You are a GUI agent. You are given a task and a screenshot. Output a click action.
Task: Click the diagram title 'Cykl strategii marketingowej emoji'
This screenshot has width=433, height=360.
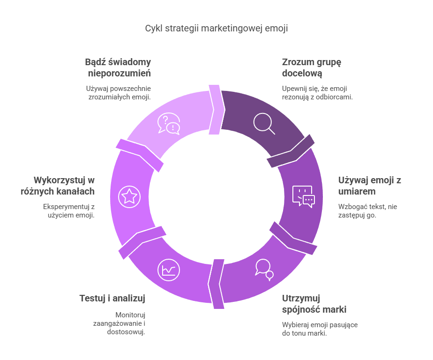click(216, 28)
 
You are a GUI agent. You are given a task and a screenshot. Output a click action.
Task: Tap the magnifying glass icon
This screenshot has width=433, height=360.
click(264, 123)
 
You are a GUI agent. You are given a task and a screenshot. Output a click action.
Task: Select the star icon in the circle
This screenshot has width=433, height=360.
click(129, 197)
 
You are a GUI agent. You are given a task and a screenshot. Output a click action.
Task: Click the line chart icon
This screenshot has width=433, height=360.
click(168, 270)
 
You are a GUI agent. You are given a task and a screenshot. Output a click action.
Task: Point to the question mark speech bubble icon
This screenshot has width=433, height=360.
click(169, 123)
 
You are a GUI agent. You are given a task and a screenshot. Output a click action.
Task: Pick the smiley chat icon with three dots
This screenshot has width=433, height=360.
click(304, 196)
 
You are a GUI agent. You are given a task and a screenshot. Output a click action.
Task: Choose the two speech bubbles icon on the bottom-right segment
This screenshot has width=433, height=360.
click(264, 270)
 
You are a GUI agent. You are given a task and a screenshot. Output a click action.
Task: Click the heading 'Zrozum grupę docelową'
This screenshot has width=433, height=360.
click(312, 67)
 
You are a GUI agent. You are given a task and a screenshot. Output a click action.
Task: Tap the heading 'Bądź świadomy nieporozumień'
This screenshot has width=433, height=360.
click(118, 67)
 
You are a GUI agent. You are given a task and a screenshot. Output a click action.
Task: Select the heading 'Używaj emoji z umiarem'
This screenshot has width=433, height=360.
click(369, 186)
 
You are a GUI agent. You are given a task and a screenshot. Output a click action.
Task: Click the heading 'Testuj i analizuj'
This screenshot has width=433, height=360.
click(112, 299)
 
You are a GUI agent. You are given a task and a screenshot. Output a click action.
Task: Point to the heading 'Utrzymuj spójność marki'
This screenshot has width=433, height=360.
click(314, 304)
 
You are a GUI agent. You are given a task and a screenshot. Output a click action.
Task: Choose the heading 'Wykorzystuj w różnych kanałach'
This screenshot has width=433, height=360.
click(58, 186)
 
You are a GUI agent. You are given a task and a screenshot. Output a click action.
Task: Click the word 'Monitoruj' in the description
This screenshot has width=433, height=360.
click(130, 315)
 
